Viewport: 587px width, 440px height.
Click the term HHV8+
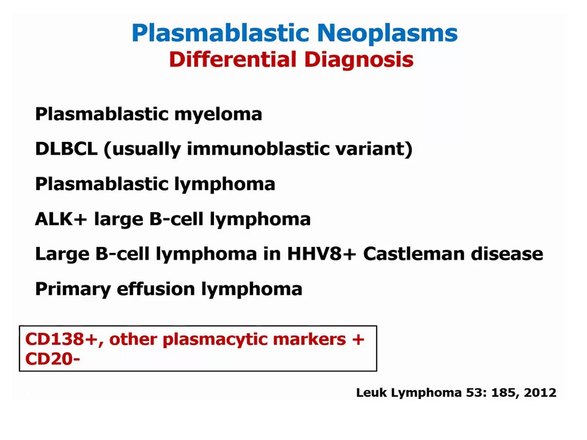pos(322,254)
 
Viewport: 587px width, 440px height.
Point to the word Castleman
pos(413,254)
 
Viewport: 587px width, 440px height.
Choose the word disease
pos(507,254)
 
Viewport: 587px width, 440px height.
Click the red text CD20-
pos(53,359)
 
